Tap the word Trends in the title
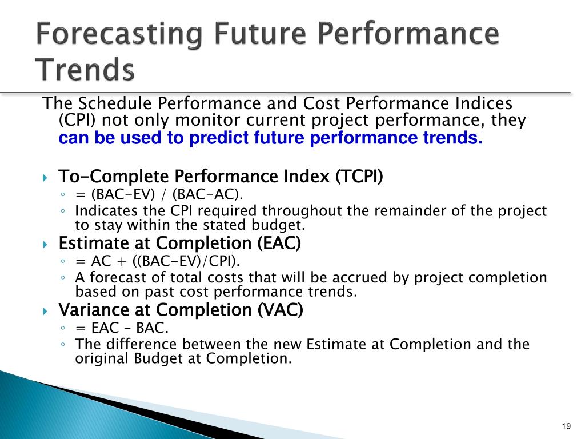(85, 69)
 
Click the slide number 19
(566, 426)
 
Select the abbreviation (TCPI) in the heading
(359, 176)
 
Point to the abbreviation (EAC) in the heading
(279, 243)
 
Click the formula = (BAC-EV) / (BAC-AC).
(159, 194)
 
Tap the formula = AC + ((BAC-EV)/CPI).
(158, 261)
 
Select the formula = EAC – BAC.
(122, 328)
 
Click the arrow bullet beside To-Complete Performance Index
(45, 177)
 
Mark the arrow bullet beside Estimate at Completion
(45, 245)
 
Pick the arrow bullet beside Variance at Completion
(45, 311)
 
